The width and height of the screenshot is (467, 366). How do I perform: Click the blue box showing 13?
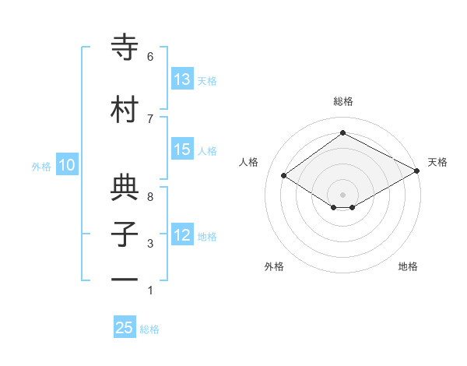182,79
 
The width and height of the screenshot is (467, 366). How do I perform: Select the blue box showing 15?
182,150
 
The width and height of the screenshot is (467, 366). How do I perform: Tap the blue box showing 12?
182,236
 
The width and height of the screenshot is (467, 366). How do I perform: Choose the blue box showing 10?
67,165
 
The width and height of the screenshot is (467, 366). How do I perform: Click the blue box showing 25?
125,328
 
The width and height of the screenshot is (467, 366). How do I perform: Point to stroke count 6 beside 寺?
150,56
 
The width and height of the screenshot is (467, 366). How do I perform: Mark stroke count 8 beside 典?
150,197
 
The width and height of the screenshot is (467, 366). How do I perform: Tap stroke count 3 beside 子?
150,244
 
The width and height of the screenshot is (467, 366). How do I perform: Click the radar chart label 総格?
342,102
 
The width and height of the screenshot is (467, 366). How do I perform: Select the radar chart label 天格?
437,162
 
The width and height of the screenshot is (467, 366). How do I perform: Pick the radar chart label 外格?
274,266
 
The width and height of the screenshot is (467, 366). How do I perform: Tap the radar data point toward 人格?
284,176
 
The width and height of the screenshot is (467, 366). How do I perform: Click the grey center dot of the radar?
342,193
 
